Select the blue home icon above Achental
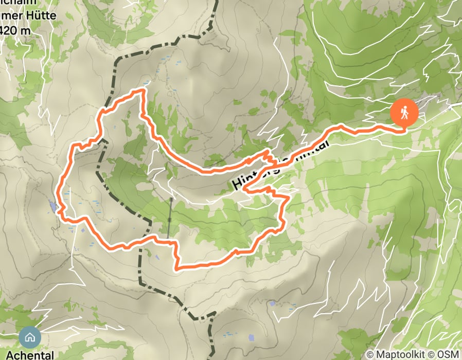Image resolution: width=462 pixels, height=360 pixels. coord(30,338)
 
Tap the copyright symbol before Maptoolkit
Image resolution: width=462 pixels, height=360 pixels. coord(370,354)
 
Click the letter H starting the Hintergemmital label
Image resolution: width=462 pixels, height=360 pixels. coord(237,183)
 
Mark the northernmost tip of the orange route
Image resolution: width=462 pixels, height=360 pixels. coord(139,91)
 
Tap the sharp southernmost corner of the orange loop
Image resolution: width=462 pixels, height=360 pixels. coord(177,268)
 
